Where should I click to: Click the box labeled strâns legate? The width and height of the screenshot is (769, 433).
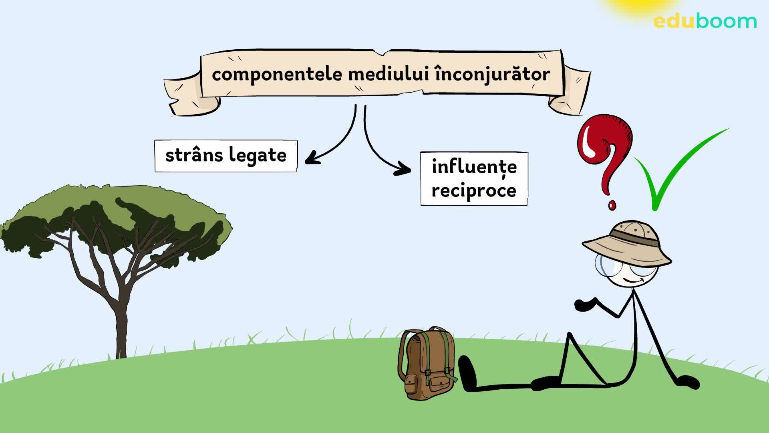click(226, 156)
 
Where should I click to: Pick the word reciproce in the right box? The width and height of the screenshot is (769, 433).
click(474, 190)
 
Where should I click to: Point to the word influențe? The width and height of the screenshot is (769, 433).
click(474, 167)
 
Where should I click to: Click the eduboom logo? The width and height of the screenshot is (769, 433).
click(705, 21)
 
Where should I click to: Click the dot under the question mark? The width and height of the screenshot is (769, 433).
click(612, 205)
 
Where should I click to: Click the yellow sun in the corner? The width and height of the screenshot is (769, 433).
click(637, 6)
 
